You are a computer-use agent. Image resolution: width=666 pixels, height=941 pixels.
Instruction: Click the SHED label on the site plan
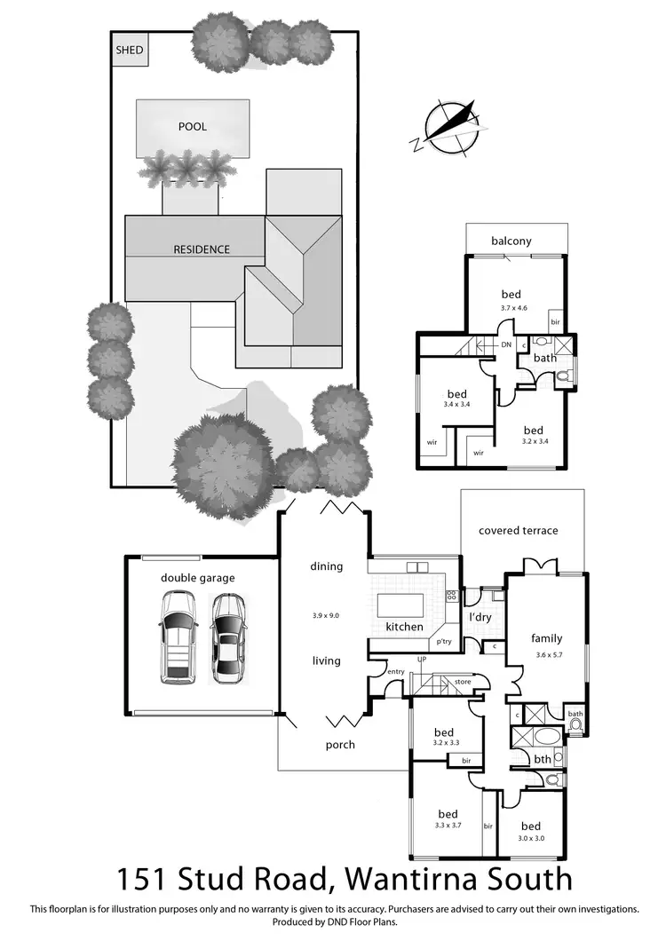tap(129, 50)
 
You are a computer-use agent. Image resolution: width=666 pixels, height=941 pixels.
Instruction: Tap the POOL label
tap(193, 127)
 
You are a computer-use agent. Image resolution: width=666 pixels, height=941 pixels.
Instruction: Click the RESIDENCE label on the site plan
tap(202, 249)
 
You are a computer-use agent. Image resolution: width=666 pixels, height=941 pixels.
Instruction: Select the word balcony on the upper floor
tap(511, 241)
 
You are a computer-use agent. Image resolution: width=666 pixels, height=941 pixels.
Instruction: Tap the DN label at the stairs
tap(506, 344)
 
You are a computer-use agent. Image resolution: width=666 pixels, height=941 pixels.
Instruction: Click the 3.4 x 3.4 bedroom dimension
tap(456, 405)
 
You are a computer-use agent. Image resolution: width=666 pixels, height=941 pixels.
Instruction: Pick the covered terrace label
tap(519, 531)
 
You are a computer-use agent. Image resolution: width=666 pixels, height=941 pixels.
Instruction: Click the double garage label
tap(198, 578)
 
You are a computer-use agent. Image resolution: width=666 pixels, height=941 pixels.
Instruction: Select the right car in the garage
tap(228, 637)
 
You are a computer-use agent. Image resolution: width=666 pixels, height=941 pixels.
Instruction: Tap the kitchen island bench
tap(404, 605)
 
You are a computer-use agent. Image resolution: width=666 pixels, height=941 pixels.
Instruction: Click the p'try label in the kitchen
tap(442, 641)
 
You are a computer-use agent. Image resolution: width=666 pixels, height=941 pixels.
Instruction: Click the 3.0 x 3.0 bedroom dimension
tap(531, 838)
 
